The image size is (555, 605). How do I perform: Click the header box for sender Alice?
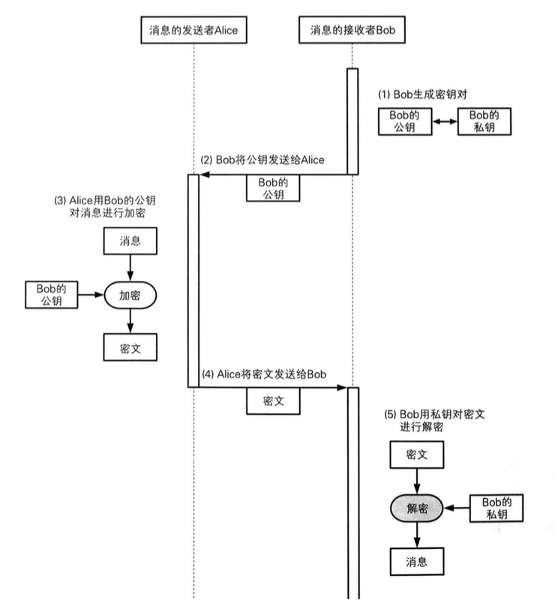[194, 30]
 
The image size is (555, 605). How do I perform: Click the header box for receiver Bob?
[352, 30]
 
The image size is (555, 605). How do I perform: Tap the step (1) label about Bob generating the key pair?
[427, 95]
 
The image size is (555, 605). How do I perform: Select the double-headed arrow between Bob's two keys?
[448, 121]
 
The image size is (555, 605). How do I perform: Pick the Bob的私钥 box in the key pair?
[488, 121]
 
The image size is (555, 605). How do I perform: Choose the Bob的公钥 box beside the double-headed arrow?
[406, 121]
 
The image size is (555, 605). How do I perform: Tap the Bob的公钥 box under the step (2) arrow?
[273, 188]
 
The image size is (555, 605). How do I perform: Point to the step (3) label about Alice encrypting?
[109, 207]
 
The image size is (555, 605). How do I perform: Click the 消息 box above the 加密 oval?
[130, 240]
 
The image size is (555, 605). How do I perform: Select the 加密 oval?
[130, 296]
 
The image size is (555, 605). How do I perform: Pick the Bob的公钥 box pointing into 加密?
[52, 295]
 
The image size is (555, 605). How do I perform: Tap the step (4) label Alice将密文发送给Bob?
[263, 374]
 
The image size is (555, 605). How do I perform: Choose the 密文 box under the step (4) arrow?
[273, 401]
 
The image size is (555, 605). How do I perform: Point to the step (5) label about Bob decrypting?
[434, 420]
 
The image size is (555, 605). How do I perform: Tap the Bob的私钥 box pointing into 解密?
[495, 508]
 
